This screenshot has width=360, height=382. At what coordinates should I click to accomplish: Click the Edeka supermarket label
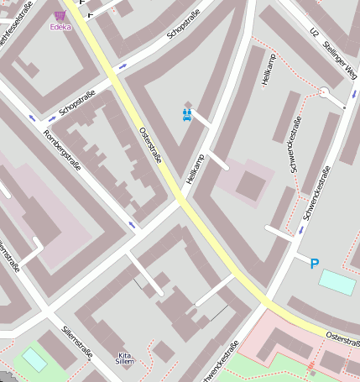60,27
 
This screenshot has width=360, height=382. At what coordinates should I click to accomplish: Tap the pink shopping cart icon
60,15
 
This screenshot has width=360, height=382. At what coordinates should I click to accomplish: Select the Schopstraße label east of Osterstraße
185,24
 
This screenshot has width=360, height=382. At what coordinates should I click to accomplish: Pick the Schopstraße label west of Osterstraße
77,102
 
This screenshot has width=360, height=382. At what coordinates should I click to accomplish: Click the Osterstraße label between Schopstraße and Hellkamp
149,145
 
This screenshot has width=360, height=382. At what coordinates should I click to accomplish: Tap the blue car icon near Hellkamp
188,115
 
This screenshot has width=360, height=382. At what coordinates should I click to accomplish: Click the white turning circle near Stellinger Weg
324,92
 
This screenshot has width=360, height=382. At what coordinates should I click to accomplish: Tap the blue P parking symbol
315,264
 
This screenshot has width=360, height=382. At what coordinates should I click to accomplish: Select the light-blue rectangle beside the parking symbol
337,282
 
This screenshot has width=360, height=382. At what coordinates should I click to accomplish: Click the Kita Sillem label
125,358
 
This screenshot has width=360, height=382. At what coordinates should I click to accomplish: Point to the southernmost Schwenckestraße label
222,360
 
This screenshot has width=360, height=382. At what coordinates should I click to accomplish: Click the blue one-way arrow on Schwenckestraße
301,228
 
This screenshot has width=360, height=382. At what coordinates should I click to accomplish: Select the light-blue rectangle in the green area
34,359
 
